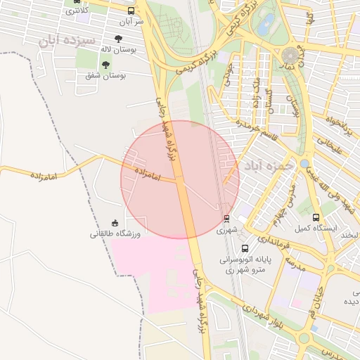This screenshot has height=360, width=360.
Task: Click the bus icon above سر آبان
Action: [x=131, y=11]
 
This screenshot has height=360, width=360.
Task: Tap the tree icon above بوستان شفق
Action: [x=105, y=65]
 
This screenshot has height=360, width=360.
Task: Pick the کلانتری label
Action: [x=76, y=10]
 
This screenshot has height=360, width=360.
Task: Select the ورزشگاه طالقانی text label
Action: [x=115, y=233]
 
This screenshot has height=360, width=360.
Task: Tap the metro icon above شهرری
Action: [x=226, y=219]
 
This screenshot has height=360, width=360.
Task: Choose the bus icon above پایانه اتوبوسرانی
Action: [x=245, y=248]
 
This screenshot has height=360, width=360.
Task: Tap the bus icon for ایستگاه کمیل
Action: [x=316, y=217]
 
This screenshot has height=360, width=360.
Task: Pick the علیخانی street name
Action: [x=328, y=144]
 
